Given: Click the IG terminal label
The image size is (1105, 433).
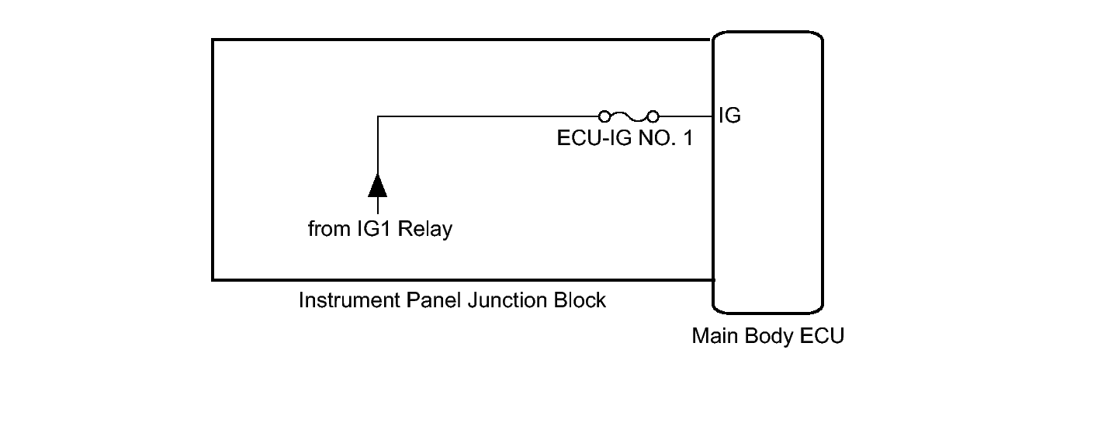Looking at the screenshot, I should point(729,116).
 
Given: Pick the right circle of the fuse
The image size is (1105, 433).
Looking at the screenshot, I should point(653,116).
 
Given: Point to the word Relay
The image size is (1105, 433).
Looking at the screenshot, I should point(424,230).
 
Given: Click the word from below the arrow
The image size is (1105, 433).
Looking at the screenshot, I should point(325,230).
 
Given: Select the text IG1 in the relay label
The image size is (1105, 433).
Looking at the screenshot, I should point(372,230).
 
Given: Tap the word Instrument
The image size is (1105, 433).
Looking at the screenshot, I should point(349,300).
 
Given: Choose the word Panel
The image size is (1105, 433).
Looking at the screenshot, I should point(434,300).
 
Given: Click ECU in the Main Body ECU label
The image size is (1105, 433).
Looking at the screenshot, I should point(823,338).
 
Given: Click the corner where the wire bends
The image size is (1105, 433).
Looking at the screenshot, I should point(377,116).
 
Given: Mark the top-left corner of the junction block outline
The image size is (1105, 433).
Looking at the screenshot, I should point(213,40).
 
